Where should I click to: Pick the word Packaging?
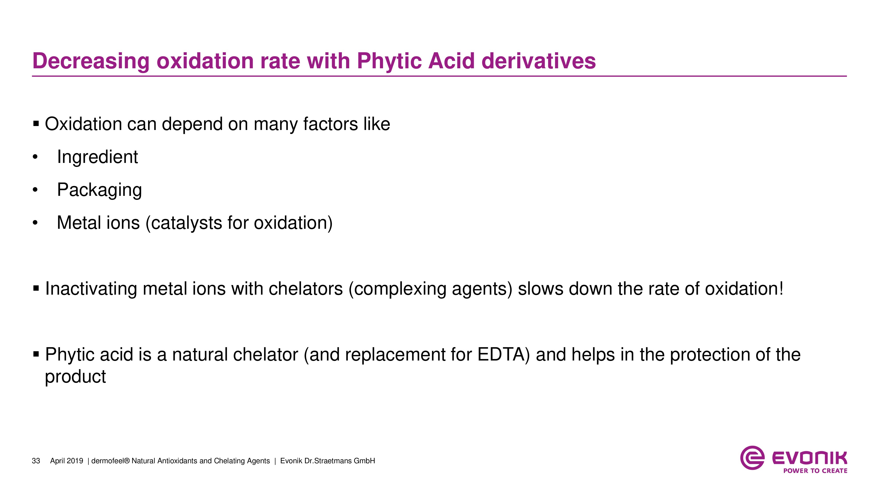coord(99,190)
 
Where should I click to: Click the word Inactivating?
coord(91,289)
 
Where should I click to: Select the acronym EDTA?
coord(503,355)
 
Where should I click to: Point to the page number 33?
coord(36,461)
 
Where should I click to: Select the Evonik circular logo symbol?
coord(752,458)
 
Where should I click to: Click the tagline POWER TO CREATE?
coord(815,471)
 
